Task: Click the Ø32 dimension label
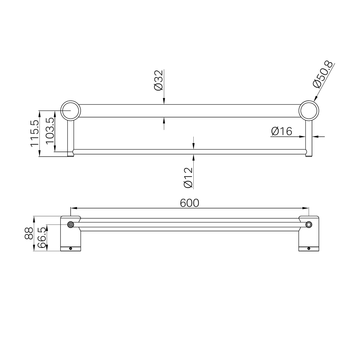[x=159, y=80]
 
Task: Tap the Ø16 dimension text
[x=281, y=131]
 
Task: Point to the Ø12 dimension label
[x=188, y=178]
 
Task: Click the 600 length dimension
[x=189, y=203]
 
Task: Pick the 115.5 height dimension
[x=34, y=133]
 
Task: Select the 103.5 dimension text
[x=50, y=131]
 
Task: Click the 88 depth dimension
[x=29, y=233]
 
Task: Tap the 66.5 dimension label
[x=42, y=238]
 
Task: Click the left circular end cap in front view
[x=71, y=110]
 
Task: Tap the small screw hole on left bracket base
[x=70, y=249]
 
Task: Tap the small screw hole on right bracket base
[x=309, y=249]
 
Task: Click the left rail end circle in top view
[x=71, y=224]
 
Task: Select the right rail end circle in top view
[x=309, y=224]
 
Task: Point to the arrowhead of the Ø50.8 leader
[x=315, y=99]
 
